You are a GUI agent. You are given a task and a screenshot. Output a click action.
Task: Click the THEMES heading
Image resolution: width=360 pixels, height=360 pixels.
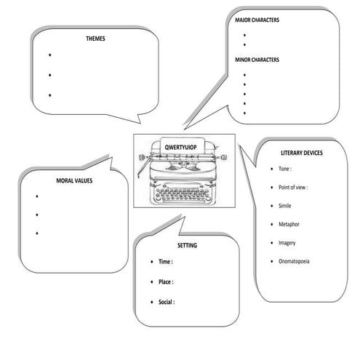click(95, 38)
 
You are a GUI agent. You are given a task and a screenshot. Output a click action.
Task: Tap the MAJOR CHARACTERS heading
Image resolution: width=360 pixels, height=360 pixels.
click(257, 20)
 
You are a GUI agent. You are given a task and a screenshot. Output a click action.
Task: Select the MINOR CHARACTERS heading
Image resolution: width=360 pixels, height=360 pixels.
click(257, 60)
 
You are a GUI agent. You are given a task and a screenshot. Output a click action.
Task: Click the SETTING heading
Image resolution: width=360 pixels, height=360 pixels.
click(187, 246)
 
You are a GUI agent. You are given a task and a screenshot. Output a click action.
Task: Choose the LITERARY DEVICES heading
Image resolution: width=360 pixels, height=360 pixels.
click(301, 153)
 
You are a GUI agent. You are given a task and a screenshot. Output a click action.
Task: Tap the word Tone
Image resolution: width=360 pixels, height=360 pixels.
click(285, 169)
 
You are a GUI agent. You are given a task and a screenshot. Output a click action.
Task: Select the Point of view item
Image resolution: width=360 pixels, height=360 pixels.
click(293, 187)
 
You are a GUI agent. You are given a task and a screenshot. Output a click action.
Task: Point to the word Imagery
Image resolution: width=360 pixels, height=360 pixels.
click(288, 242)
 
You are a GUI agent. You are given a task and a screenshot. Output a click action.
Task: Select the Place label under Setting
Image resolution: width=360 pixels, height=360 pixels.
click(167, 281)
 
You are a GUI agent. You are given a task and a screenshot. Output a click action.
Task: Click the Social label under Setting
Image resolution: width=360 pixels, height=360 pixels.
click(167, 301)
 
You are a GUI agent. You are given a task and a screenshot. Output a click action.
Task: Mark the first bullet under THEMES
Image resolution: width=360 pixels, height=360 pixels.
click(49, 55)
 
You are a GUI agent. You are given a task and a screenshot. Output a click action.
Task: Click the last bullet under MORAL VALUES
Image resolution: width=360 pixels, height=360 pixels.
click(37, 233)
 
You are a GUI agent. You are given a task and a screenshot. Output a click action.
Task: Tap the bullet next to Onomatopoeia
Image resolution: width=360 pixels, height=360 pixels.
click(271, 260)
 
